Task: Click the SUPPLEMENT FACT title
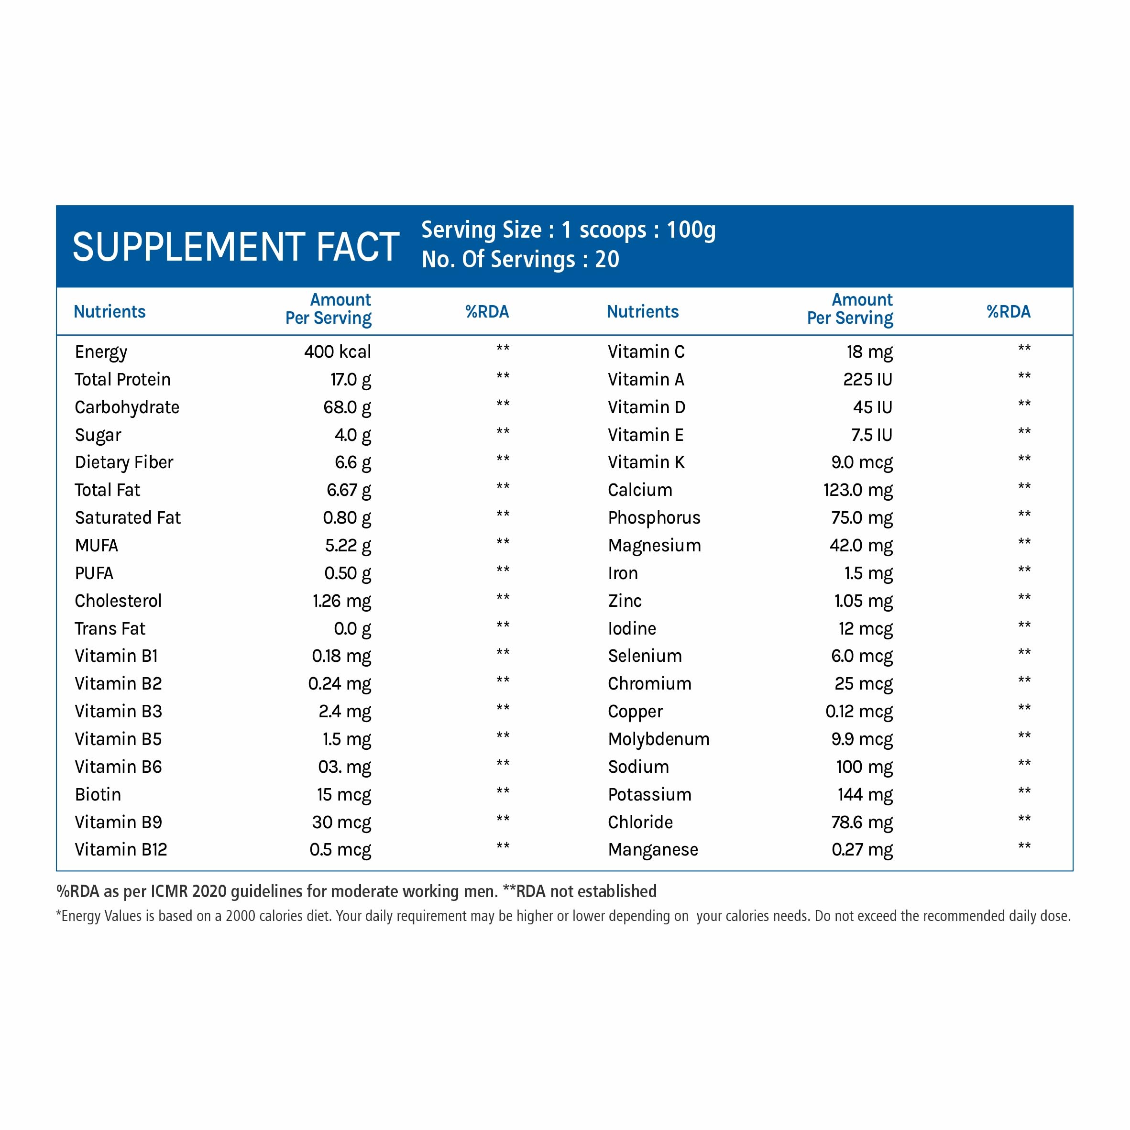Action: [236, 246]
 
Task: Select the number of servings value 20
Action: [607, 260]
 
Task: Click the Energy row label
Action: [100, 352]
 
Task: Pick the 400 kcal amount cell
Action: [338, 351]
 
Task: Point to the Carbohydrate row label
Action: [127, 407]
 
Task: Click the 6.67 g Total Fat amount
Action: [349, 490]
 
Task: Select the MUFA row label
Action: [97, 546]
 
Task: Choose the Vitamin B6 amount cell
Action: [344, 767]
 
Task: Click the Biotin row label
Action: [98, 794]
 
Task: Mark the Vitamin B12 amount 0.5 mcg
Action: [340, 850]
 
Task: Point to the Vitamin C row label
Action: [646, 351]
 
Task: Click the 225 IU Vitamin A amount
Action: [867, 380]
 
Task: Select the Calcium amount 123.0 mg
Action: [858, 490]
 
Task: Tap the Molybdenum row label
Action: [658, 739]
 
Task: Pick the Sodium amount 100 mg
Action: [865, 767]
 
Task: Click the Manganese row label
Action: [653, 850]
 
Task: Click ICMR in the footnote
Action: [170, 891]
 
